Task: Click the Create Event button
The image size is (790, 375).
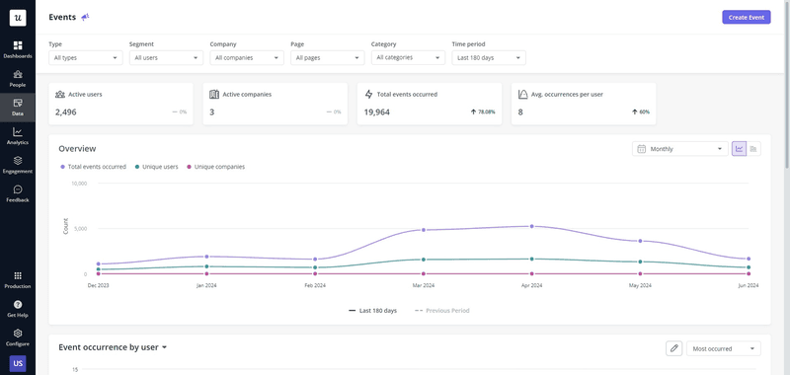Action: (x=746, y=17)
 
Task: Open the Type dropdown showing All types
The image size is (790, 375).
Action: (x=86, y=57)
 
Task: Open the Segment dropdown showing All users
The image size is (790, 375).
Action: (x=166, y=57)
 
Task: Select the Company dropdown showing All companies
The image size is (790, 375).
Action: (x=247, y=57)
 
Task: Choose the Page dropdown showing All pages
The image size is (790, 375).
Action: (x=328, y=57)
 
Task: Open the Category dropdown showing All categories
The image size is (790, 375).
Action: (x=409, y=57)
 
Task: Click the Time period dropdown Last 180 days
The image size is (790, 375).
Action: (x=489, y=57)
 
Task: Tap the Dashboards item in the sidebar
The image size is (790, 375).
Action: (x=18, y=49)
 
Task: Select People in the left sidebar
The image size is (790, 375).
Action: (x=18, y=78)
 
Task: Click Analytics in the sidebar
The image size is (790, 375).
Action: (x=18, y=135)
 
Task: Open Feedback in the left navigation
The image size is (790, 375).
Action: (x=18, y=192)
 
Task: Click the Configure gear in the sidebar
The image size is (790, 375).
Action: (x=18, y=337)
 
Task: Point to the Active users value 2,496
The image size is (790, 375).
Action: (x=66, y=112)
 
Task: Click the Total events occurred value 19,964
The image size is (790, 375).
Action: (x=377, y=112)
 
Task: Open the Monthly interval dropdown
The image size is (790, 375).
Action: (x=679, y=149)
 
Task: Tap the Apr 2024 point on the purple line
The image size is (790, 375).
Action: (x=531, y=226)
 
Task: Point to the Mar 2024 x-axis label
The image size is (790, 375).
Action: (x=423, y=285)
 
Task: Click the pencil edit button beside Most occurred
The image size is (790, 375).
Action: (x=673, y=348)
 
